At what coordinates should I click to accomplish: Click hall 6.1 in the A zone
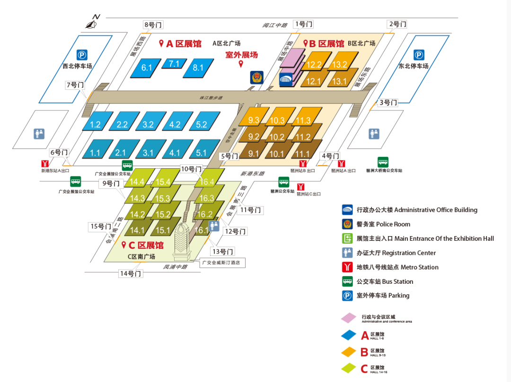(147, 68)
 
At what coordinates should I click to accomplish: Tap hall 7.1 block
(174, 63)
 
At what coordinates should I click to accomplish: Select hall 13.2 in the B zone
(340, 64)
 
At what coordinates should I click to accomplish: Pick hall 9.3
(254, 119)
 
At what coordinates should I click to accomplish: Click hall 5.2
(202, 125)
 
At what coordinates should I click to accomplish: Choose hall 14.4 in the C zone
(137, 182)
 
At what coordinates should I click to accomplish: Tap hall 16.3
(206, 198)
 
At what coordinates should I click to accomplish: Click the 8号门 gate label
(153, 25)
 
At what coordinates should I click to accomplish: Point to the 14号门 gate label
(130, 273)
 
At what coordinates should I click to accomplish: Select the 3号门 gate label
(388, 102)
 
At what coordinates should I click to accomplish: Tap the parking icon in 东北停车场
(419, 55)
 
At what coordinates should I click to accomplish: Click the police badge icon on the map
(256, 77)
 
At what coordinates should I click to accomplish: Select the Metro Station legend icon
(348, 267)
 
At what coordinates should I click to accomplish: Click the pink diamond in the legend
(349, 318)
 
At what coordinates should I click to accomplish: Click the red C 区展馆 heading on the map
(142, 246)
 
